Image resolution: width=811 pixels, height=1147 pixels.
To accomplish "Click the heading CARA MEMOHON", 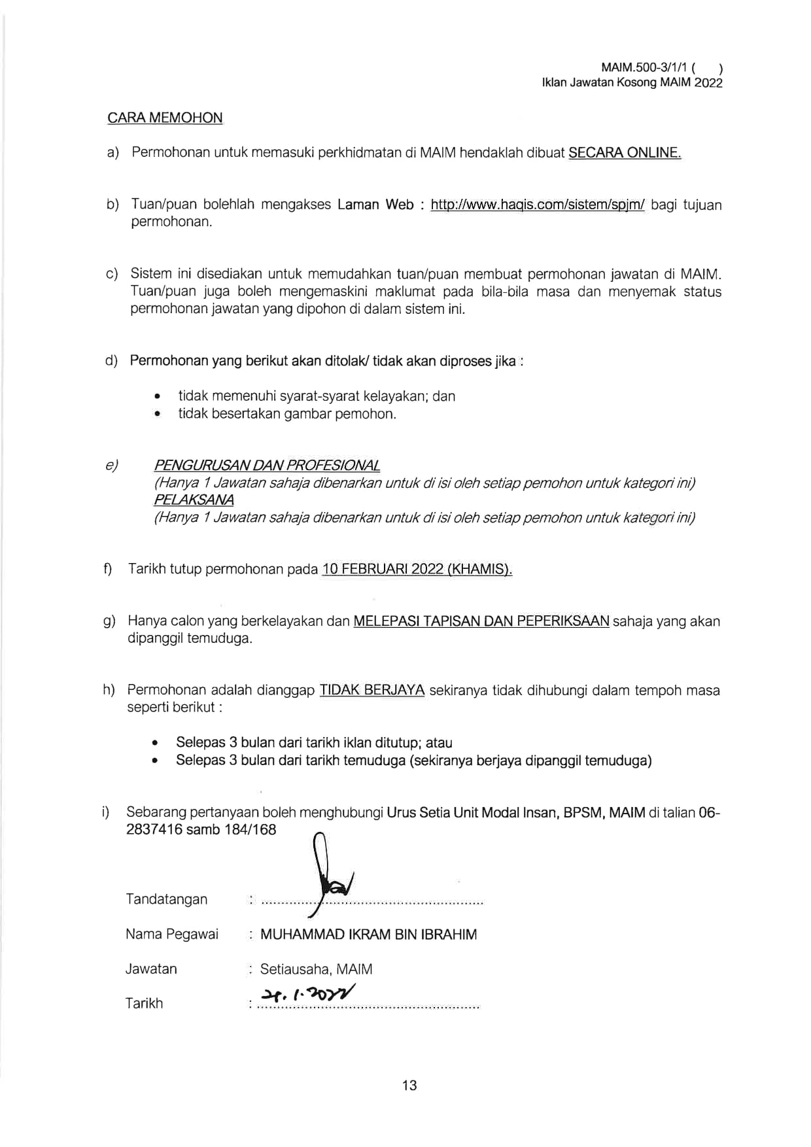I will [x=165, y=118].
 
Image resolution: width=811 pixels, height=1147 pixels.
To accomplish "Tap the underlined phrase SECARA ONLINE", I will [x=625, y=153].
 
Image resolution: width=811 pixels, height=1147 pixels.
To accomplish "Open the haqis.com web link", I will [x=538, y=205].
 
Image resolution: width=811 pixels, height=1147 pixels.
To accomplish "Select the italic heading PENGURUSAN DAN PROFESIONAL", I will [x=266, y=466].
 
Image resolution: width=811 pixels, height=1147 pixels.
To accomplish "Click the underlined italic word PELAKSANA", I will [x=194, y=500].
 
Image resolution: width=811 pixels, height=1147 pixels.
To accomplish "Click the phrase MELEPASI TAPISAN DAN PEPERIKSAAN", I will [x=481, y=621].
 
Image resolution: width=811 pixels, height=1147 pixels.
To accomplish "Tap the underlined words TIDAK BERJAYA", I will [x=371, y=690].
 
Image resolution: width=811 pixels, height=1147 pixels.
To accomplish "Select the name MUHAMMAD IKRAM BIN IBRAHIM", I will [x=368, y=934].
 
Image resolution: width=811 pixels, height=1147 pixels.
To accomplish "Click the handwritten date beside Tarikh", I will [x=308, y=995].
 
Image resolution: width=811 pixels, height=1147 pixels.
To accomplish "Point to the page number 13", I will [x=409, y=1086].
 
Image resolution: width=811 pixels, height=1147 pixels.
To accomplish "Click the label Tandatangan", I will [x=167, y=900].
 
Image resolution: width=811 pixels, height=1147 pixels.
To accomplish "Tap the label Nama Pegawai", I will [x=172, y=934].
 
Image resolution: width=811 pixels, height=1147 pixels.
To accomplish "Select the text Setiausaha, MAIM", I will [x=316, y=969].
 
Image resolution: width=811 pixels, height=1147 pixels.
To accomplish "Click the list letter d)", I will [x=111, y=361].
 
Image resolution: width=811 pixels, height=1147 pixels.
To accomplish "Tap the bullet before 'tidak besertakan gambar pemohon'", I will [x=157, y=414].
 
